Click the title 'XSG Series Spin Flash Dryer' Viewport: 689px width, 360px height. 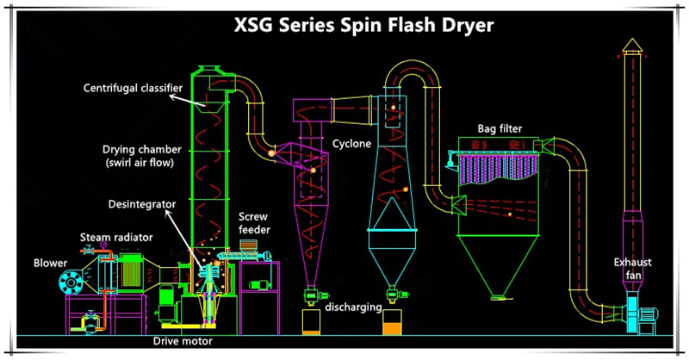[x=364, y=25]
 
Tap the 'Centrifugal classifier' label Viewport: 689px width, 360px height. [x=127, y=88]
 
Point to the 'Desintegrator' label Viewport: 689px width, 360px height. [x=141, y=203]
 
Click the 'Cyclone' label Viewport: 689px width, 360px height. [x=351, y=144]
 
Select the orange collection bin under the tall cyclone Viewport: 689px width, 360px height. [x=392, y=324]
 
